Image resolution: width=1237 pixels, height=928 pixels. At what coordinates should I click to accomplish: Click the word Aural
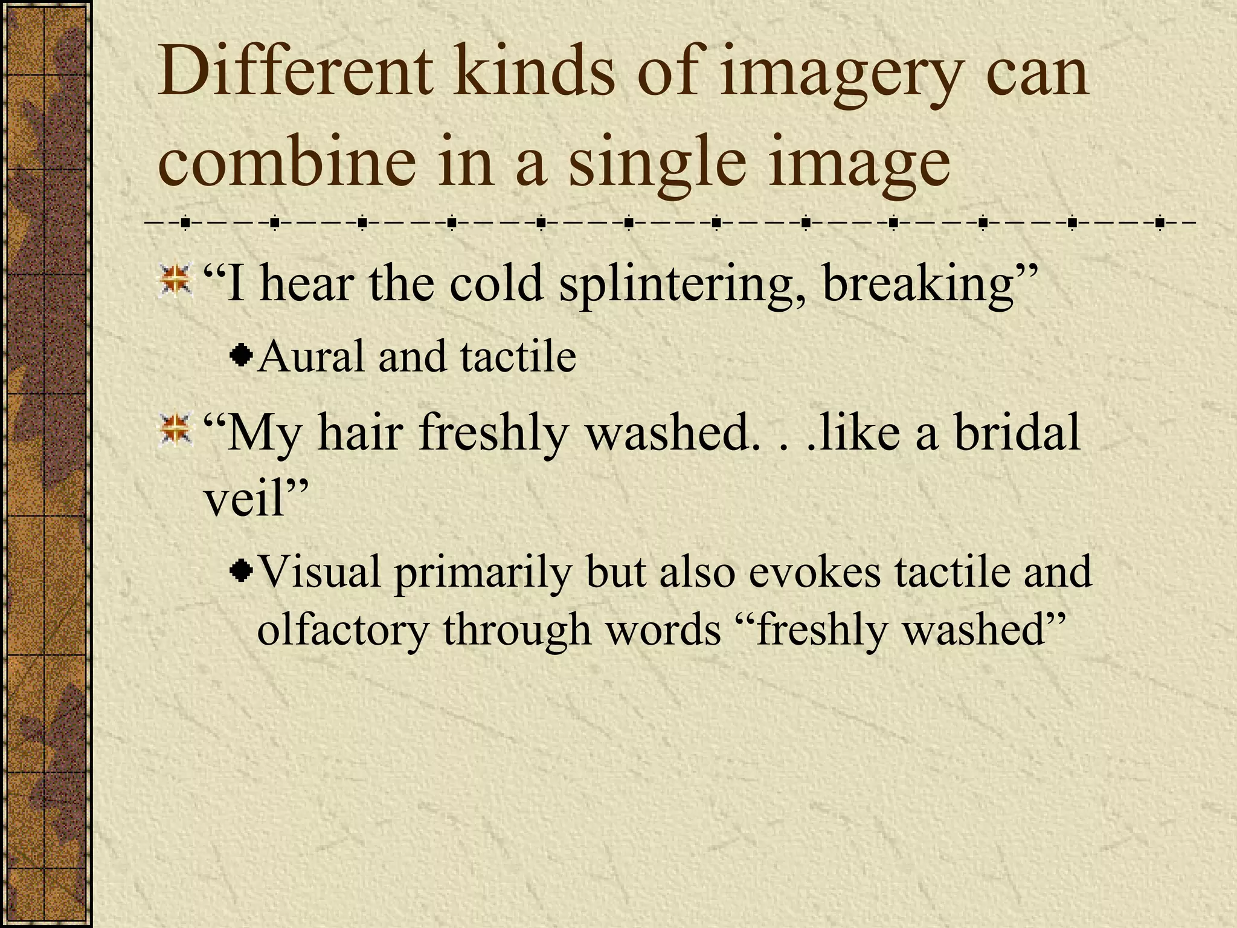click(x=310, y=356)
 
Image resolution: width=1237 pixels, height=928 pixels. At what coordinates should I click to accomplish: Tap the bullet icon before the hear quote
click(x=175, y=280)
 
